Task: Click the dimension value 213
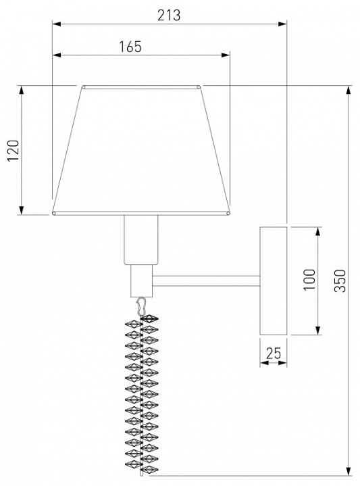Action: click(169, 14)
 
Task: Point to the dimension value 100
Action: click(309, 279)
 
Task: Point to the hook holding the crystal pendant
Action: click(141, 306)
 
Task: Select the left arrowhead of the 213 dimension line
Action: click(55, 25)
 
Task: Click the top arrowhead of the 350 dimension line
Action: click(349, 89)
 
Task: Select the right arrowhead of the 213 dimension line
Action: click(284, 25)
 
